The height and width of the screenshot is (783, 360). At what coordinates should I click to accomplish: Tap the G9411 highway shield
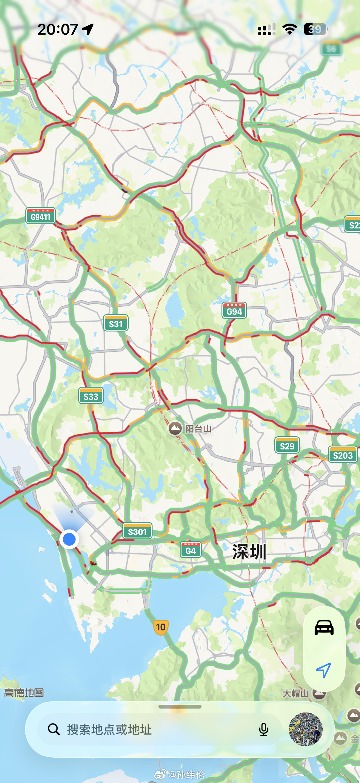pyautogui.click(x=40, y=216)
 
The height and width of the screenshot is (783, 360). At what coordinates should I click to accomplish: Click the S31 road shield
pyautogui.click(x=116, y=323)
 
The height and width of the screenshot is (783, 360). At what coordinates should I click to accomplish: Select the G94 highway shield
pyautogui.click(x=234, y=311)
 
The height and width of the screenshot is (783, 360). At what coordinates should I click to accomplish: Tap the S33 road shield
pyautogui.click(x=91, y=396)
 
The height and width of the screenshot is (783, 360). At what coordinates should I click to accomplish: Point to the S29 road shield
pyautogui.click(x=287, y=445)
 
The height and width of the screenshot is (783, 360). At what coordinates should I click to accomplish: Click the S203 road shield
pyautogui.click(x=343, y=455)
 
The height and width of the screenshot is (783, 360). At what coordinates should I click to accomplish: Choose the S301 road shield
pyautogui.click(x=137, y=531)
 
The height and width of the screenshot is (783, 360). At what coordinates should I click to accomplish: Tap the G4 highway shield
pyautogui.click(x=190, y=550)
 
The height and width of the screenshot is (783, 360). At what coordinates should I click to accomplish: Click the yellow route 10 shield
pyautogui.click(x=161, y=627)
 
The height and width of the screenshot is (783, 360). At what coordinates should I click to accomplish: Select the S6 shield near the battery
pyautogui.click(x=331, y=49)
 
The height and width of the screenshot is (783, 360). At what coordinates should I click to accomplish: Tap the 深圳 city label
pyautogui.click(x=249, y=552)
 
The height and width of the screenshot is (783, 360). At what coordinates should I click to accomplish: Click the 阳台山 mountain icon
pyautogui.click(x=175, y=429)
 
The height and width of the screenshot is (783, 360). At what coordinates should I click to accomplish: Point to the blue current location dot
pyautogui.click(x=69, y=539)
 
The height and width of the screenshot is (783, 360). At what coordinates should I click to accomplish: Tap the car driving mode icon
pyautogui.click(x=324, y=628)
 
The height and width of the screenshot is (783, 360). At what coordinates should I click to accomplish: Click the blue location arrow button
pyautogui.click(x=324, y=670)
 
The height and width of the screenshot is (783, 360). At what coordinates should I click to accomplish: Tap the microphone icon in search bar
pyautogui.click(x=264, y=730)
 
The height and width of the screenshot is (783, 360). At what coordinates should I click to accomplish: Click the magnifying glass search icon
pyautogui.click(x=54, y=729)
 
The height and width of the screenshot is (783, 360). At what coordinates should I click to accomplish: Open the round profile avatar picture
pyautogui.click(x=305, y=729)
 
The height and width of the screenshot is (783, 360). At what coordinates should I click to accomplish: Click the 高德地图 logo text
pyautogui.click(x=24, y=693)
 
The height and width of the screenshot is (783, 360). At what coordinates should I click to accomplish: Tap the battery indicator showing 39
pyautogui.click(x=316, y=29)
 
